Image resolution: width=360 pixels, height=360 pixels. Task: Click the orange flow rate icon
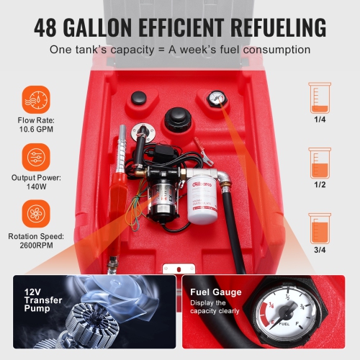(35, 100)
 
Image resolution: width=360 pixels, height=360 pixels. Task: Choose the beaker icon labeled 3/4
(320, 228)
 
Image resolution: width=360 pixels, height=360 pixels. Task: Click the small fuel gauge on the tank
(214, 99)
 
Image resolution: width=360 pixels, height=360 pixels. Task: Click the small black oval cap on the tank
(137, 98)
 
